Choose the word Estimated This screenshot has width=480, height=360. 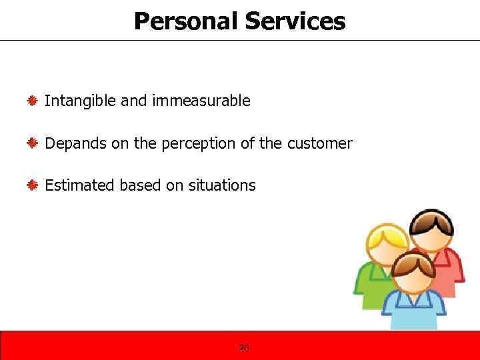click(79, 185)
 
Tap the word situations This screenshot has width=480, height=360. click(223, 185)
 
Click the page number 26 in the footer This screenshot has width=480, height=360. click(243, 347)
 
